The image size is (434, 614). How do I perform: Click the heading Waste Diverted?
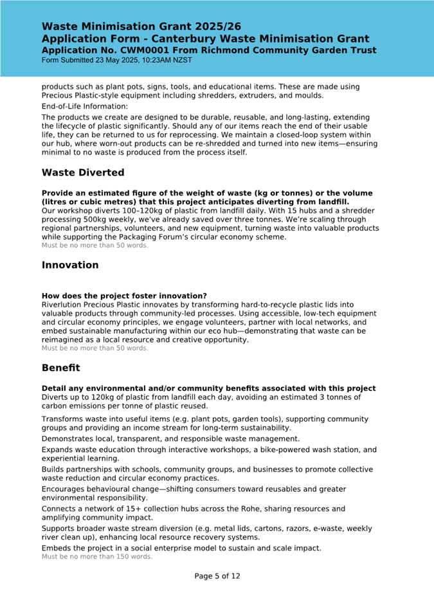[x=83, y=173]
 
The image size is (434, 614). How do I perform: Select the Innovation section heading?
[x=70, y=265]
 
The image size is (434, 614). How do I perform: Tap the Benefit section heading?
[x=61, y=368]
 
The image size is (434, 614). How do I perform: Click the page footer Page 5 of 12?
[x=217, y=576]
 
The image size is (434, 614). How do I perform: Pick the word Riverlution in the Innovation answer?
[x=65, y=304]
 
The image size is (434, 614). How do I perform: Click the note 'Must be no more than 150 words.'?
[x=97, y=557]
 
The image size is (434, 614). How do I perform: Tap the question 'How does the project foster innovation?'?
[x=124, y=296]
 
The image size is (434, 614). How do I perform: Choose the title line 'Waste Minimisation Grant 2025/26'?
[x=141, y=26]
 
